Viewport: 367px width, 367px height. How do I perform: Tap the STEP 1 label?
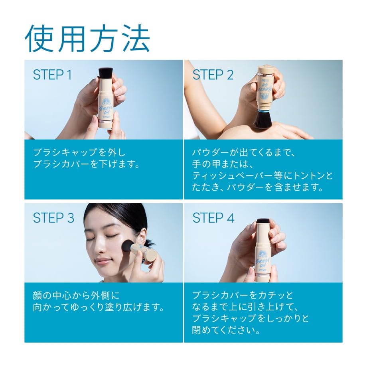pos(52,75)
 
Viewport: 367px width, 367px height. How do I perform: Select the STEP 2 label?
pos(213,75)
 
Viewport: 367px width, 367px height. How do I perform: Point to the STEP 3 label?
pos(53,218)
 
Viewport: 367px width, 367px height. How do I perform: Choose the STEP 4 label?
pos(214,218)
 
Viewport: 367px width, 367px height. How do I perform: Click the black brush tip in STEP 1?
pos(105,73)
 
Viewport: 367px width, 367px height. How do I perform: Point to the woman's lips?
pos(103,261)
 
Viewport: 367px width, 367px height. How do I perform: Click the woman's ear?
pos(141,236)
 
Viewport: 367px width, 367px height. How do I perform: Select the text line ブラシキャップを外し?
pos(74,152)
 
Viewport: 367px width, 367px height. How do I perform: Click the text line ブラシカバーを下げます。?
pos(86,164)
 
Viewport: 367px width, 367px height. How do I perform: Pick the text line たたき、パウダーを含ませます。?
pos(258,187)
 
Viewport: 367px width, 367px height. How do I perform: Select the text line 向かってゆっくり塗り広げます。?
pos(98,308)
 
